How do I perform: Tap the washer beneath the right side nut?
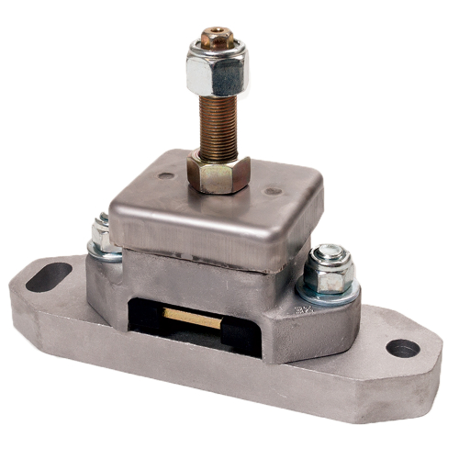329,292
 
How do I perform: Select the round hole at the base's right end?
402,348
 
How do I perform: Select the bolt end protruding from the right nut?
331,252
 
